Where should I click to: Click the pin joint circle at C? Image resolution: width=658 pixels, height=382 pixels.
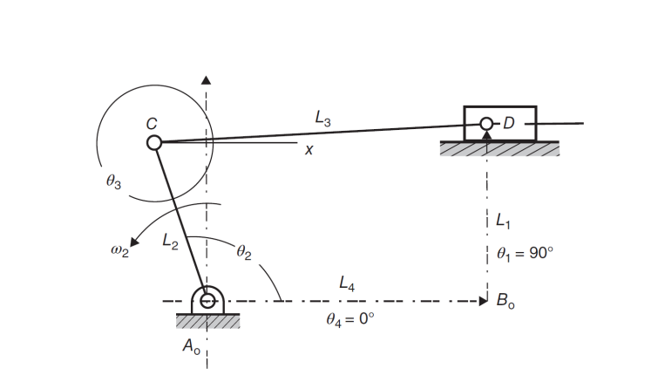(153, 142)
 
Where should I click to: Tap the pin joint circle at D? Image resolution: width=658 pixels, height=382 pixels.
(486, 124)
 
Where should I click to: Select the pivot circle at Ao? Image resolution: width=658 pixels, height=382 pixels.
(207, 301)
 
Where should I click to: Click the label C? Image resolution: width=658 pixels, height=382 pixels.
(151, 124)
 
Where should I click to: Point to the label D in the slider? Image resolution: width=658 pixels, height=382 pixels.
(508, 124)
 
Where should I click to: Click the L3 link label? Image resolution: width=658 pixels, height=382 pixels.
(322, 119)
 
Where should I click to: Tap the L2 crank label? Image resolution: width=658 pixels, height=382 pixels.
(171, 245)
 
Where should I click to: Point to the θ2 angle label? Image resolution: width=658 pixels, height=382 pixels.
(243, 254)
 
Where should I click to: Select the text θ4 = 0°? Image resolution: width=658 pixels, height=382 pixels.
(349, 319)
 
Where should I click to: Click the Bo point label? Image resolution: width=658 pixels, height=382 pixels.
(505, 302)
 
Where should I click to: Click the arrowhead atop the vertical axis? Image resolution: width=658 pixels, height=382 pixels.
(207, 79)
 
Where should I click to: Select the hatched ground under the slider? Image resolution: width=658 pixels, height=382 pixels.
(499, 149)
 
